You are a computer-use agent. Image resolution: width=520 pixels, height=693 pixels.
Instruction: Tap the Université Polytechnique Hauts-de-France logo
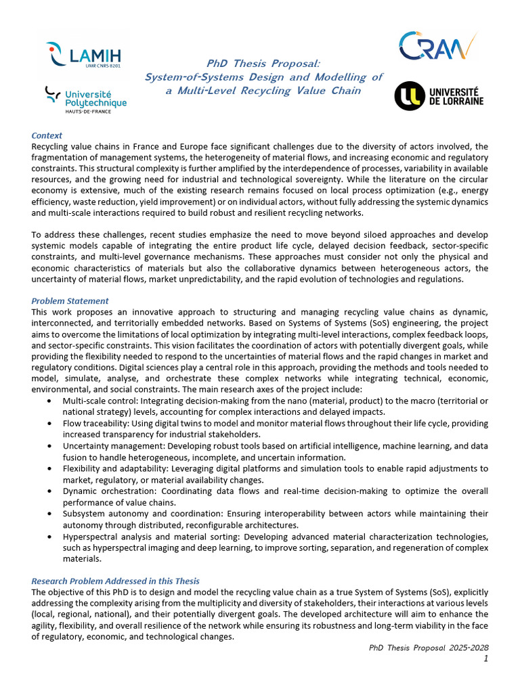click(86, 99)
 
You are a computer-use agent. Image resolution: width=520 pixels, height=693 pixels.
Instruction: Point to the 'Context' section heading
click(47, 135)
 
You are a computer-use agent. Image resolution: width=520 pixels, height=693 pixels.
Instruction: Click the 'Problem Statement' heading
click(70, 300)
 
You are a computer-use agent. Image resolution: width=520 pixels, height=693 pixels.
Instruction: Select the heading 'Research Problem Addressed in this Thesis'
click(115, 581)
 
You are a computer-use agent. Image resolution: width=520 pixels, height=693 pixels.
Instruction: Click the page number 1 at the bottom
click(485, 658)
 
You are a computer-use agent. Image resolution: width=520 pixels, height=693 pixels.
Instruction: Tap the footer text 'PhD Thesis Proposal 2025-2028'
click(428, 648)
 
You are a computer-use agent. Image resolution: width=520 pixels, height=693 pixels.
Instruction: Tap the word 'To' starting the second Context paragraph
click(37, 235)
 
